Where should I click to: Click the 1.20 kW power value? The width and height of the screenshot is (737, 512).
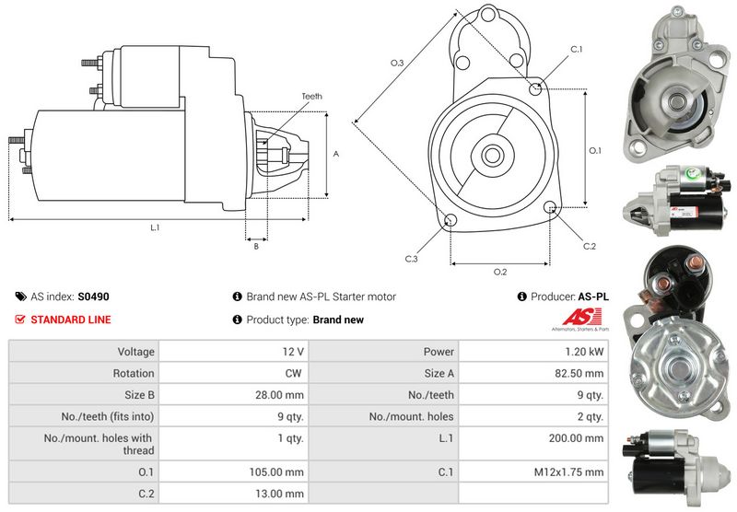tap(586, 351)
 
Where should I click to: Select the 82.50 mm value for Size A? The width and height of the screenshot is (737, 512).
tap(580, 373)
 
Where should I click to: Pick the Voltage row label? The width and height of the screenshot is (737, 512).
tap(135, 351)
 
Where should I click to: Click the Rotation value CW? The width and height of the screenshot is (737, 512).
tap(295, 373)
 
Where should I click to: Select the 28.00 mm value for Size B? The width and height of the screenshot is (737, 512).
tap(283, 395)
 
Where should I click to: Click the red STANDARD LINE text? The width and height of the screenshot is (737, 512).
tap(70, 320)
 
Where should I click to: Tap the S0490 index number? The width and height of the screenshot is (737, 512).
tap(93, 297)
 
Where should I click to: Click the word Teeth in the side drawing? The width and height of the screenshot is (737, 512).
tap(311, 96)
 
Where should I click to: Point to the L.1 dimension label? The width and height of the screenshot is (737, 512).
tap(155, 227)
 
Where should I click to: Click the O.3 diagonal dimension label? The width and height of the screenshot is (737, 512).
tap(397, 63)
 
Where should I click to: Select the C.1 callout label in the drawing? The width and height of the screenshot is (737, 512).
tap(577, 48)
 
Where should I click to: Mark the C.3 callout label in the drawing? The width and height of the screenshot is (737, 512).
tap(412, 259)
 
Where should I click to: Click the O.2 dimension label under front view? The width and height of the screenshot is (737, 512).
tap(500, 272)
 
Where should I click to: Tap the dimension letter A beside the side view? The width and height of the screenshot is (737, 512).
tap(336, 154)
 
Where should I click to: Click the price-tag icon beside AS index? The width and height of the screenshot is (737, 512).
tap(20, 297)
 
